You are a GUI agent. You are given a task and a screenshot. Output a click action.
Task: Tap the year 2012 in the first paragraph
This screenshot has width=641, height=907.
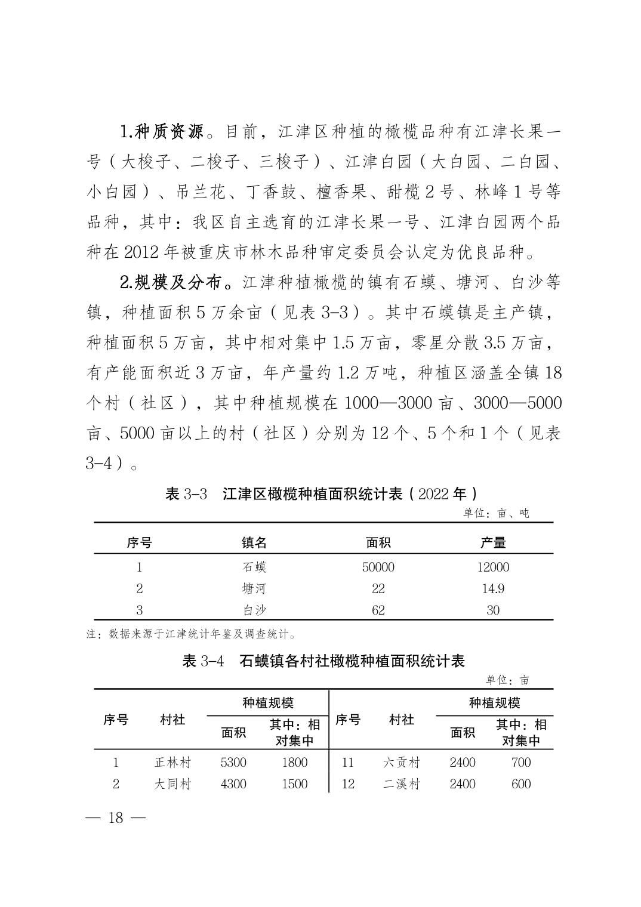click(141, 252)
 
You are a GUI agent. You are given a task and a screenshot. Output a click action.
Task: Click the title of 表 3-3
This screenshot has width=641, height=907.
click(320, 494)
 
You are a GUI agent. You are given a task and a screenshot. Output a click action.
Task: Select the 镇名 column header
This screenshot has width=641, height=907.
click(254, 542)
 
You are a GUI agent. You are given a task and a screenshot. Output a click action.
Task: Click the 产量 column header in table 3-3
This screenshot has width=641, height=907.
click(493, 542)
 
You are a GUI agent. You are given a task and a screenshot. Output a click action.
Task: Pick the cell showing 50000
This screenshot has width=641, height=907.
click(378, 567)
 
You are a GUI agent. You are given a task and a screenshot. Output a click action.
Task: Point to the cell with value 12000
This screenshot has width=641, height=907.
click(493, 567)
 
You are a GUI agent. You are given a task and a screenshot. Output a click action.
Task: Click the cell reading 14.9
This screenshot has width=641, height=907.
click(493, 588)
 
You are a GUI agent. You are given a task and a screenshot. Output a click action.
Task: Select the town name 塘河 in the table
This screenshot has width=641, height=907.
click(254, 588)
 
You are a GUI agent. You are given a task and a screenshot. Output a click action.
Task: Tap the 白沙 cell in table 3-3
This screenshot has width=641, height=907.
click(254, 610)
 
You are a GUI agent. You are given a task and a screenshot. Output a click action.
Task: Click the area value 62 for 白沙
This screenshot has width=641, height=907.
click(378, 610)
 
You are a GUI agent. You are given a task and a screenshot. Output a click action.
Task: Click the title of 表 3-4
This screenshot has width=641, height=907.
click(323, 661)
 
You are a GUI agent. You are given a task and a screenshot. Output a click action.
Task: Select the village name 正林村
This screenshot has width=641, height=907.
click(172, 762)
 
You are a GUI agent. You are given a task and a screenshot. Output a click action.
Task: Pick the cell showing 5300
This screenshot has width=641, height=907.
click(233, 762)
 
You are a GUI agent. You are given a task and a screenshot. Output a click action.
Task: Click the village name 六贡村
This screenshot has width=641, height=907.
click(401, 762)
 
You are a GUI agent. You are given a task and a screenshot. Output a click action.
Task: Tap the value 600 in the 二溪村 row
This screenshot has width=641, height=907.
click(520, 783)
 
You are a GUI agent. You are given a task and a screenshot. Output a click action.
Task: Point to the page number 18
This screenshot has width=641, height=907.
click(115, 817)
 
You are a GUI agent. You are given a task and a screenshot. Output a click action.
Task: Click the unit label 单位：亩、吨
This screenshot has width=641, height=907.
click(496, 513)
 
